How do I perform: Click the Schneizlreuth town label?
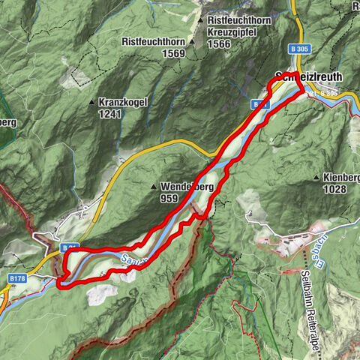(310, 76)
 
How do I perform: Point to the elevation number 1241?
(109, 115)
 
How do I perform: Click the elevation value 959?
(169, 199)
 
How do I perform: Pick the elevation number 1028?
(334, 190)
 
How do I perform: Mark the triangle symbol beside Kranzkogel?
(92, 103)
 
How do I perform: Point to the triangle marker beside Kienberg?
(318, 178)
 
